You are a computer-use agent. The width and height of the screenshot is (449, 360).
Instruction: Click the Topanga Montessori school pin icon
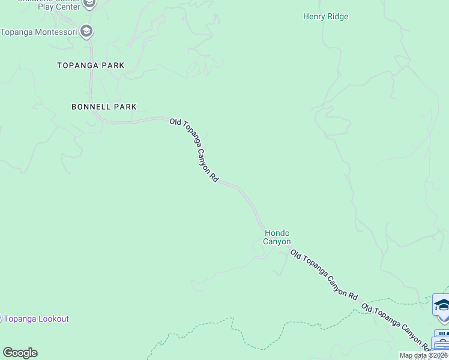click(x=86, y=31)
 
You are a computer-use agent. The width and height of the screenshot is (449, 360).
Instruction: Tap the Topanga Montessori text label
click(x=40, y=31)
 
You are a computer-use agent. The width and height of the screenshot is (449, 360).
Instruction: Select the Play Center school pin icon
click(x=89, y=4)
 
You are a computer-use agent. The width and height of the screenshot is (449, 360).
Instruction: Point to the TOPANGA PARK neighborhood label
click(x=91, y=65)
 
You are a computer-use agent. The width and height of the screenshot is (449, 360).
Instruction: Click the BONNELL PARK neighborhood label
click(x=104, y=107)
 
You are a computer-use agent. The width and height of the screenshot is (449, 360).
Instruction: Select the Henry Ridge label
click(x=325, y=17)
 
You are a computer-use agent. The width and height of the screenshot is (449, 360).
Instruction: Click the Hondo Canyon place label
click(x=277, y=237)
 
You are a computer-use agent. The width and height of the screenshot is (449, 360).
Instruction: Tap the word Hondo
click(x=277, y=233)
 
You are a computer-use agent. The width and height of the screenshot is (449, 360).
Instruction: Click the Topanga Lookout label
click(x=36, y=319)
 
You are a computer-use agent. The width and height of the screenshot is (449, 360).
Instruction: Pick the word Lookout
click(x=53, y=319)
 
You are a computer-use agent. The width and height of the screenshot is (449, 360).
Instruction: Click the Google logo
click(x=20, y=353)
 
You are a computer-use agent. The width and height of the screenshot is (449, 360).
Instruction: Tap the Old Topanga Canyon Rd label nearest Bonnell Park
click(x=193, y=150)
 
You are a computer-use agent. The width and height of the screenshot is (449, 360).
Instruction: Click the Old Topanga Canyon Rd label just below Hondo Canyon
click(x=324, y=275)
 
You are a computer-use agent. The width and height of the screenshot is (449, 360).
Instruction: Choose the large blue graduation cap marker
click(x=442, y=304)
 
